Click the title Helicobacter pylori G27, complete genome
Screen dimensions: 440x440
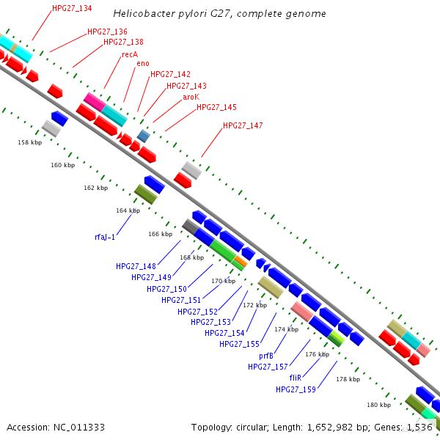coord(220,14)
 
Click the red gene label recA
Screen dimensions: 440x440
coord(130,54)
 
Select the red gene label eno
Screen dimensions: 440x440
coord(143,64)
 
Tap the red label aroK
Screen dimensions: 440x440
coord(191,96)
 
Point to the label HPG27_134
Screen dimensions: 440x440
coord(73,9)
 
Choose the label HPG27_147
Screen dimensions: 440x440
coord(243,126)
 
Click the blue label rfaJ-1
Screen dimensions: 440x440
coord(105,237)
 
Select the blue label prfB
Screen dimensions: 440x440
coord(266,356)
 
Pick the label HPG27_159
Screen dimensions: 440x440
coord(296,389)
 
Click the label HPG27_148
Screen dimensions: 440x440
coord(136,266)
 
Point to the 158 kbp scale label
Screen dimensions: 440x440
coord(29,142)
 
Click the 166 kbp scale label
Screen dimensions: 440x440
coord(160,235)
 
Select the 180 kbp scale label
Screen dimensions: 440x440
coord(379,405)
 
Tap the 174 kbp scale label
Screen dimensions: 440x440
coord(286,329)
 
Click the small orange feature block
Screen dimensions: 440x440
coord(240,260)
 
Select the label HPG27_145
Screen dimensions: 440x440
coord(216,107)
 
